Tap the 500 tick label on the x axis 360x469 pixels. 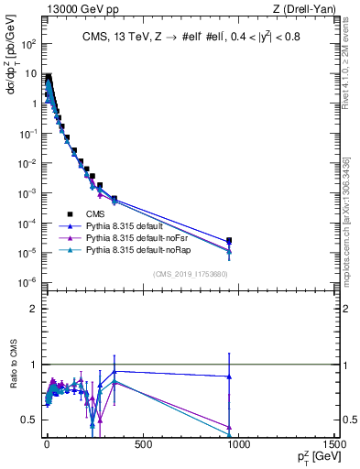pos(142,444)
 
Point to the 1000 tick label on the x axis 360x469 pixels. pos(238,444)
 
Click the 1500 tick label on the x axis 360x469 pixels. pos(333,444)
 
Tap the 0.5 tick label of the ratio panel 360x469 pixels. pos(30,420)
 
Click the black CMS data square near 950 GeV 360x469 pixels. pos(229,241)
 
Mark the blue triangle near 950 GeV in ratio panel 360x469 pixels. pos(229,376)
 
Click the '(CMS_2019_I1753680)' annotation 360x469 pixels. pos(189,274)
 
